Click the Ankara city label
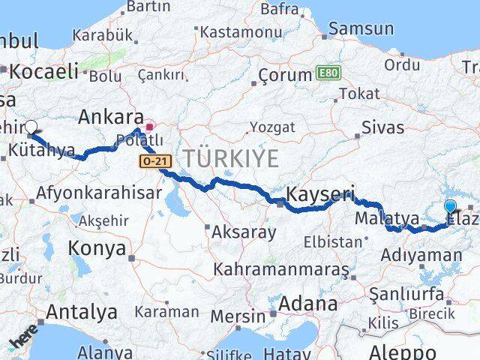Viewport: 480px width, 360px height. (111, 118)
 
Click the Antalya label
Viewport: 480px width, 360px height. (82, 311)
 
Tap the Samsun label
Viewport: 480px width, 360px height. (361, 29)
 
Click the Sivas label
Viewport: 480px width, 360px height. (382, 127)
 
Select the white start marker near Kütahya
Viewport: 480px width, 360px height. (31, 127)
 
